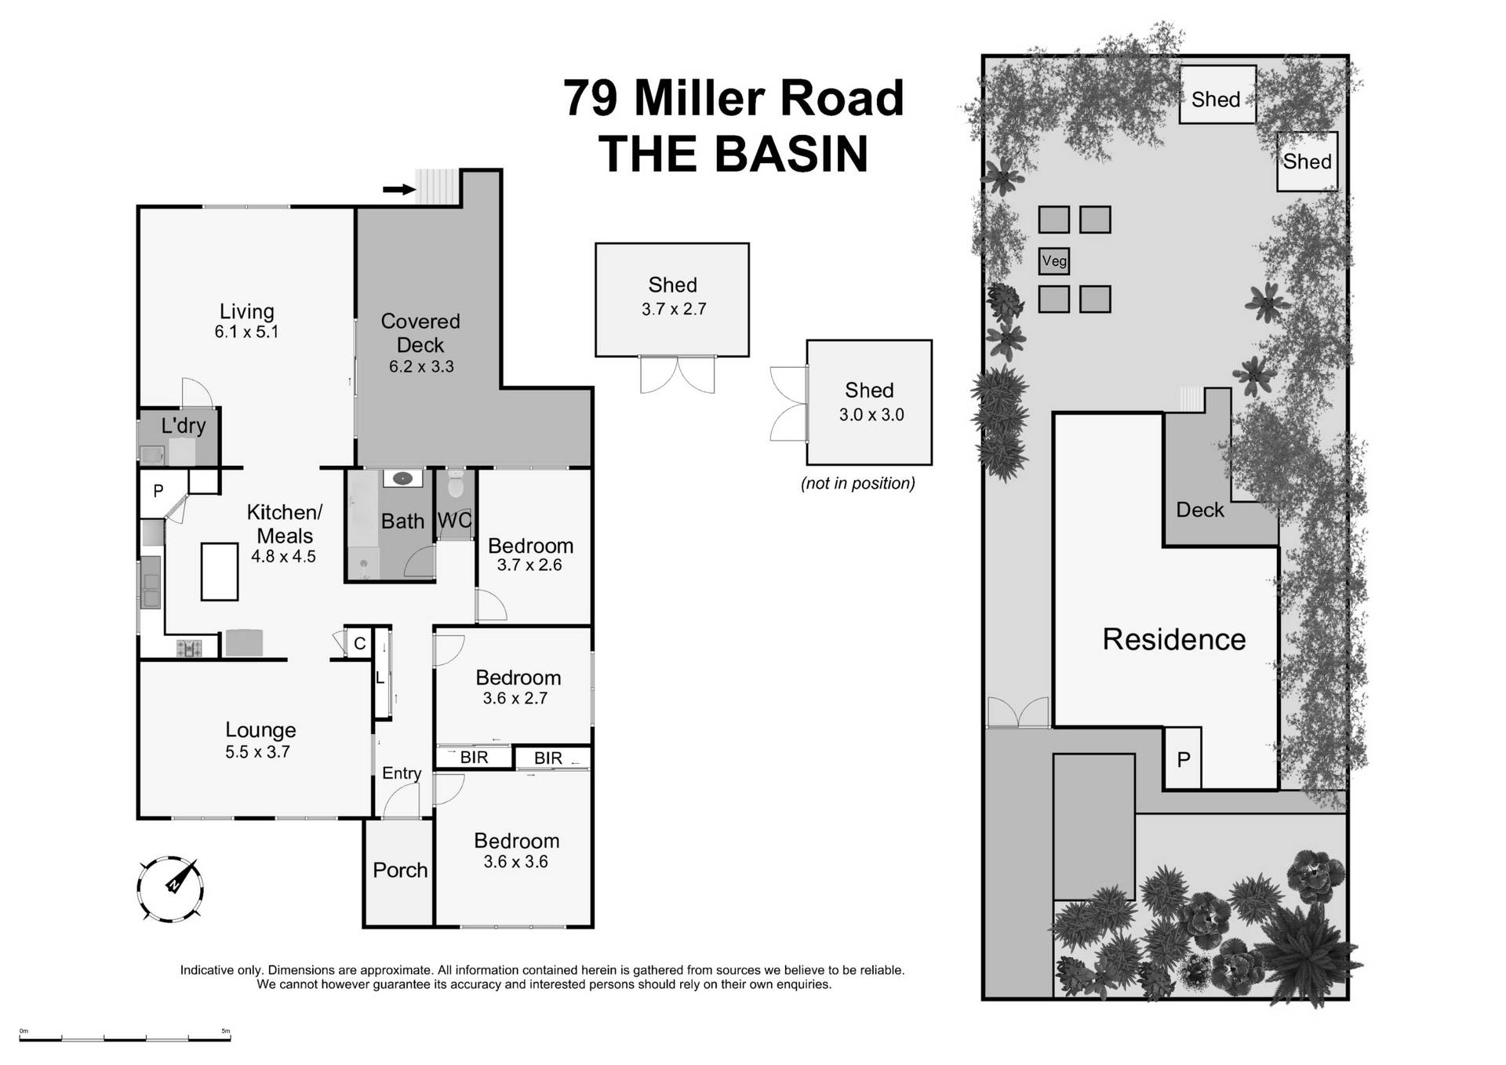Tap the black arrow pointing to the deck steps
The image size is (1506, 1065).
pyautogui.click(x=398, y=189)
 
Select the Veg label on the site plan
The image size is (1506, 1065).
pyautogui.click(x=1054, y=261)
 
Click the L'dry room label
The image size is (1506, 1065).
pyautogui.click(x=184, y=426)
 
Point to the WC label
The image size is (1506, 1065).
pyautogui.click(x=454, y=521)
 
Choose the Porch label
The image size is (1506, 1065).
pyautogui.click(x=400, y=870)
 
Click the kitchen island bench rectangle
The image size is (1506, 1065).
pyautogui.click(x=219, y=572)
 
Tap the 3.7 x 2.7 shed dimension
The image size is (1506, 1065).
pyautogui.click(x=674, y=309)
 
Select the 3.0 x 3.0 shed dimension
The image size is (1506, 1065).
pyautogui.click(x=871, y=415)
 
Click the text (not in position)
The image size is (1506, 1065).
pyautogui.click(x=857, y=483)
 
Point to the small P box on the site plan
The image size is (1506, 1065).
pyautogui.click(x=1183, y=758)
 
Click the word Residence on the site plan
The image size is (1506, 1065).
pyautogui.click(x=1173, y=639)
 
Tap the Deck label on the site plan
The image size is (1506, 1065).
pyautogui.click(x=1199, y=510)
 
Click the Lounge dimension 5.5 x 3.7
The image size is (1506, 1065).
pyautogui.click(x=257, y=751)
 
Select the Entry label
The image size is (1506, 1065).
pyautogui.click(x=402, y=773)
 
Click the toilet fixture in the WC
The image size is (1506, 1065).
pyautogui.click(x=456, y=485)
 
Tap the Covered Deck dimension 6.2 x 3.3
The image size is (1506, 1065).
pyautogui.click(x=421, y=366)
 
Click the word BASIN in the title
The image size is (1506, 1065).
pyautogui.click(x=791, y=154)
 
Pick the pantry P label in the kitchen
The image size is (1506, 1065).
pyautogui.click(x=158, y=491)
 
